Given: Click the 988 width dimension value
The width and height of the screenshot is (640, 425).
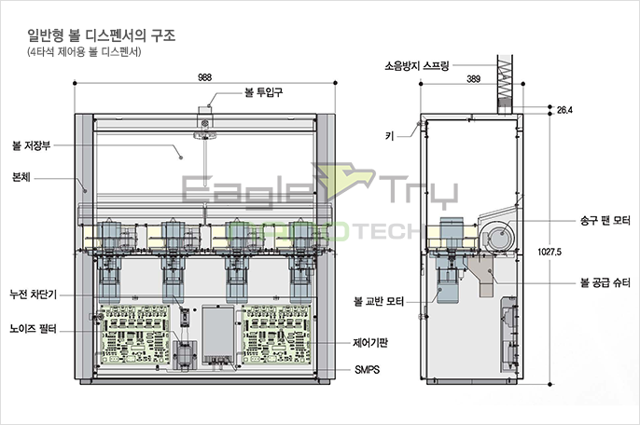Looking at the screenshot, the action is [204, 77].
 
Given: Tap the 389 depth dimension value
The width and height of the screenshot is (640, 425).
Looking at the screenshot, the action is [473, 78].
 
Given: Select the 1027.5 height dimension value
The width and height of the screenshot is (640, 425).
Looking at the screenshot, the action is [550, 252].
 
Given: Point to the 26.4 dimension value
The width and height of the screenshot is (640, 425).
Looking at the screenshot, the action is [564, 110].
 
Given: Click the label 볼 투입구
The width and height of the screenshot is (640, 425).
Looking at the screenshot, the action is [263, 92].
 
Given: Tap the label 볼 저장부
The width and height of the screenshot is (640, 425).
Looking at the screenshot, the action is [32, 145].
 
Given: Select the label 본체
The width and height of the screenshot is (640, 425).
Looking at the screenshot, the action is [21, 177].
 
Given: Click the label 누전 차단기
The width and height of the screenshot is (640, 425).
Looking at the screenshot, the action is [33, 294].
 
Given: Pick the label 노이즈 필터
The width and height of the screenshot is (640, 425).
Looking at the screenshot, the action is [33, 328].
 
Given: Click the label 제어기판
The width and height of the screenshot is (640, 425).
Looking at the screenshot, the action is [370, 343].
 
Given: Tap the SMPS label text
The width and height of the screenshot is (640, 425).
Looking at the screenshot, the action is [367, 369].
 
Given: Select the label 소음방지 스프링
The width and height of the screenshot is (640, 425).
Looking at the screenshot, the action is [417, 65].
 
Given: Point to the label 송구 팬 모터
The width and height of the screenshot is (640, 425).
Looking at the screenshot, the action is [605, 221].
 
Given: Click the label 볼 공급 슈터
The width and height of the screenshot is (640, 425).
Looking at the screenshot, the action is [605, 282].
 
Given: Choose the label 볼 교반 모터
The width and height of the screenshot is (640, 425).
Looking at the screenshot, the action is [379, 301].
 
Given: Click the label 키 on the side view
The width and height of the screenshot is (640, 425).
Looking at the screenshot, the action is [390, 136].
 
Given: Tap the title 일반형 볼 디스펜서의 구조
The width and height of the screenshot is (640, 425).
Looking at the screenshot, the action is [101, 35].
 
